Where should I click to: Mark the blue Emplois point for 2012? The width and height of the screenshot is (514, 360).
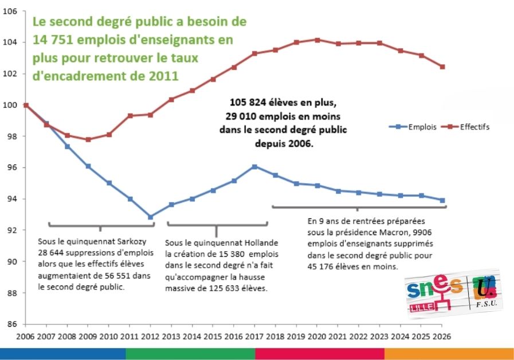click(150, 217)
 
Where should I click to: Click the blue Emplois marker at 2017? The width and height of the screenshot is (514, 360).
click(254, 167)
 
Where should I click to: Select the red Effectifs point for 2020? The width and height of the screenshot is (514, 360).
click(317, 40)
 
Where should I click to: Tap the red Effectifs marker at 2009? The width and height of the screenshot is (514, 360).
click(88, 139)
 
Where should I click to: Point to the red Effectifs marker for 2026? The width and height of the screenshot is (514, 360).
click(442, 67)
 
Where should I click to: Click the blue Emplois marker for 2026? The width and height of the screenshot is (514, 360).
click(442, 200)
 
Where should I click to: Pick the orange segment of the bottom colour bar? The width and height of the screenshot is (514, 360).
click(449, 353)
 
